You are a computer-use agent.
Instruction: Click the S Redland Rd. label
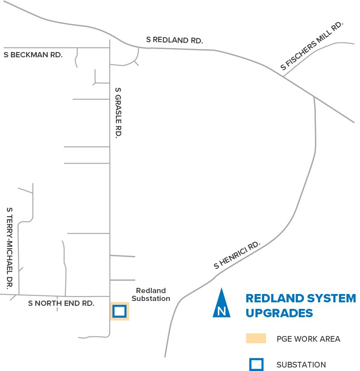175,40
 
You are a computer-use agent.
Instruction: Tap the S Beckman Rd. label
33,55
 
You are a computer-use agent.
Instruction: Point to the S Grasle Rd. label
117,113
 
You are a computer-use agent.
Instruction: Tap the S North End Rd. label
61,303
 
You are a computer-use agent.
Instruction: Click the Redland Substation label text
151,294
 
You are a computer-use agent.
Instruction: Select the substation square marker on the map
119,311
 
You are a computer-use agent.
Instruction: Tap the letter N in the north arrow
222,311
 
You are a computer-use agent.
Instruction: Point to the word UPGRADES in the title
279,313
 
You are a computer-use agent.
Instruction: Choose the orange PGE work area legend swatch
256,338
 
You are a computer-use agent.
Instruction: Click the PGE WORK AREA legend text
308,339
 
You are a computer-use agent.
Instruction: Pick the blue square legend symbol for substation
256,364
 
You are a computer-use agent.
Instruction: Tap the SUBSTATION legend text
301,365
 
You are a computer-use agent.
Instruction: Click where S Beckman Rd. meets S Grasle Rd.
110,48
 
